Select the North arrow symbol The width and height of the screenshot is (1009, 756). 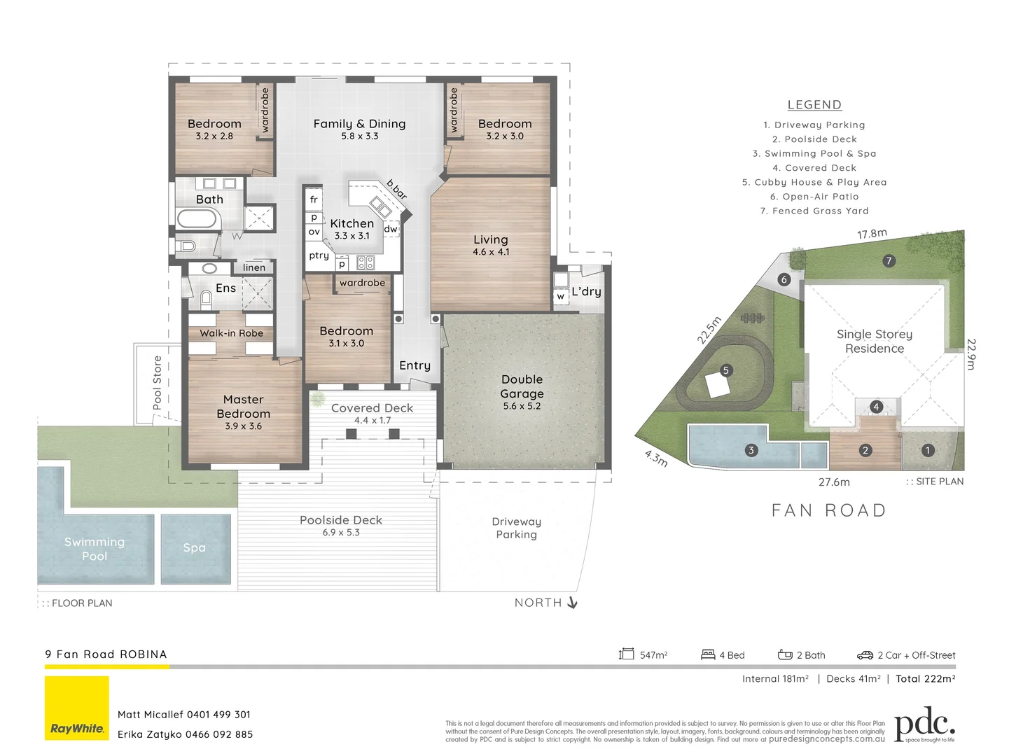coord(572,603)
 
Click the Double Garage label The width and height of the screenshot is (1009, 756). coord(522,386)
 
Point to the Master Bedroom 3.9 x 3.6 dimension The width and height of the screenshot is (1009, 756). coord(243,426)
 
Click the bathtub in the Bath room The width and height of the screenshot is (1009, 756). coord(197,219)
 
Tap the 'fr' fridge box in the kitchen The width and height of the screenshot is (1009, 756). coord(314,199)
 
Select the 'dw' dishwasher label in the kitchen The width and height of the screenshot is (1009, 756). coord(391,229)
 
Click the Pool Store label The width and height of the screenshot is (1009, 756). coord(158,383)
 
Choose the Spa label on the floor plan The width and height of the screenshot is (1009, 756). coord(195,548)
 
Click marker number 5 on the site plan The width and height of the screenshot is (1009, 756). coord(726,370)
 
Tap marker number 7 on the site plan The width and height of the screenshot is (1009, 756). coord(889,261)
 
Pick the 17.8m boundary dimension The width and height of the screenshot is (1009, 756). coord(872,234)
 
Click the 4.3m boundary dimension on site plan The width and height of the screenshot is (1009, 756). coord(656,458)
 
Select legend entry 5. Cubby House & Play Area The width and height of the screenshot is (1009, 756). coord(814,182)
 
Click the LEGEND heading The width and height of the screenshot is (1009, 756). coord(814,105)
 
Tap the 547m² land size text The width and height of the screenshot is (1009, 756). coord(653,655)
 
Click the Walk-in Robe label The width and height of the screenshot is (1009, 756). coord(231,333)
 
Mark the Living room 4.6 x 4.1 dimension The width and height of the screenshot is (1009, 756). coord(491,252)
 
